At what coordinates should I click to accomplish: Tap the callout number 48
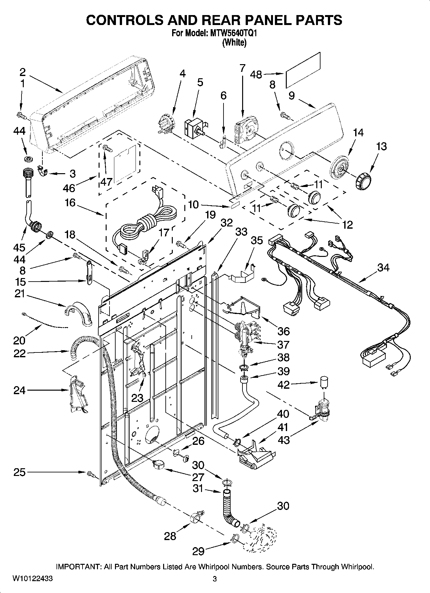coord(256,74)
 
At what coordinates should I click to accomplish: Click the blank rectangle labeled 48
coord(303,70)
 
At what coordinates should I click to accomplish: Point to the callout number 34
coord(383,267)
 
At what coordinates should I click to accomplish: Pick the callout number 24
coord(20,390)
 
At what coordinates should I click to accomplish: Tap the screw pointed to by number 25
coord(90,473)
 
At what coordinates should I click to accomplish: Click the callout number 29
coord(198,551)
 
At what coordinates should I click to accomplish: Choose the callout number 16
coord(69,203)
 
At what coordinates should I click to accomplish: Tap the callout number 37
coord(283,344)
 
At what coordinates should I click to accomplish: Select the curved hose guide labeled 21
coord(79,313)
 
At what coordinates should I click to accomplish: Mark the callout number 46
coord(69,188)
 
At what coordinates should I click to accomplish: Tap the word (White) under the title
coord(234,42)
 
